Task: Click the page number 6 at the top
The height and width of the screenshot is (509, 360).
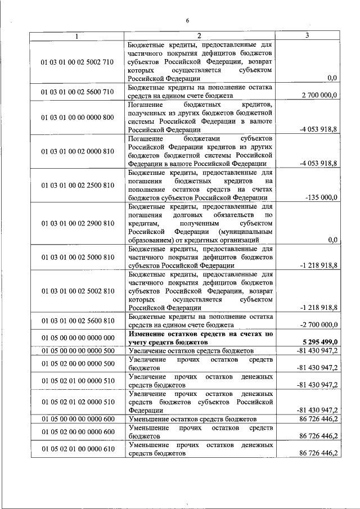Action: click(188, 21)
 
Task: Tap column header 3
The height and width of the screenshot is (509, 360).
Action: click(307, 36)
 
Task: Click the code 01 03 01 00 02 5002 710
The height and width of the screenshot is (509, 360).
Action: click(77, 61)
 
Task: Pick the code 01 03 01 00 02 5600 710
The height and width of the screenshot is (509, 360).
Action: click(77, 91)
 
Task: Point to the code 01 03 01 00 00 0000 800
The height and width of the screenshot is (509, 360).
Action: click(77, 117)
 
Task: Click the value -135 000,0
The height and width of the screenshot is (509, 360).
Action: click(321, 197)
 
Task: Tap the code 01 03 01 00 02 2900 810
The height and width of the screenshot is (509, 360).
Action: click(77, 223)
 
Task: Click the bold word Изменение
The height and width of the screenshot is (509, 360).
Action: click(148, 334)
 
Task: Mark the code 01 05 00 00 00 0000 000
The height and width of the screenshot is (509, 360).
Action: click(77, 337)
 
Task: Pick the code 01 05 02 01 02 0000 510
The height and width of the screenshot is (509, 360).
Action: click(77, 402)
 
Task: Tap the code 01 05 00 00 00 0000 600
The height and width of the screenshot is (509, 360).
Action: click(77, 419)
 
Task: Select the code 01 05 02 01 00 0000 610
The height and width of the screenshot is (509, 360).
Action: click(77, 449)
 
